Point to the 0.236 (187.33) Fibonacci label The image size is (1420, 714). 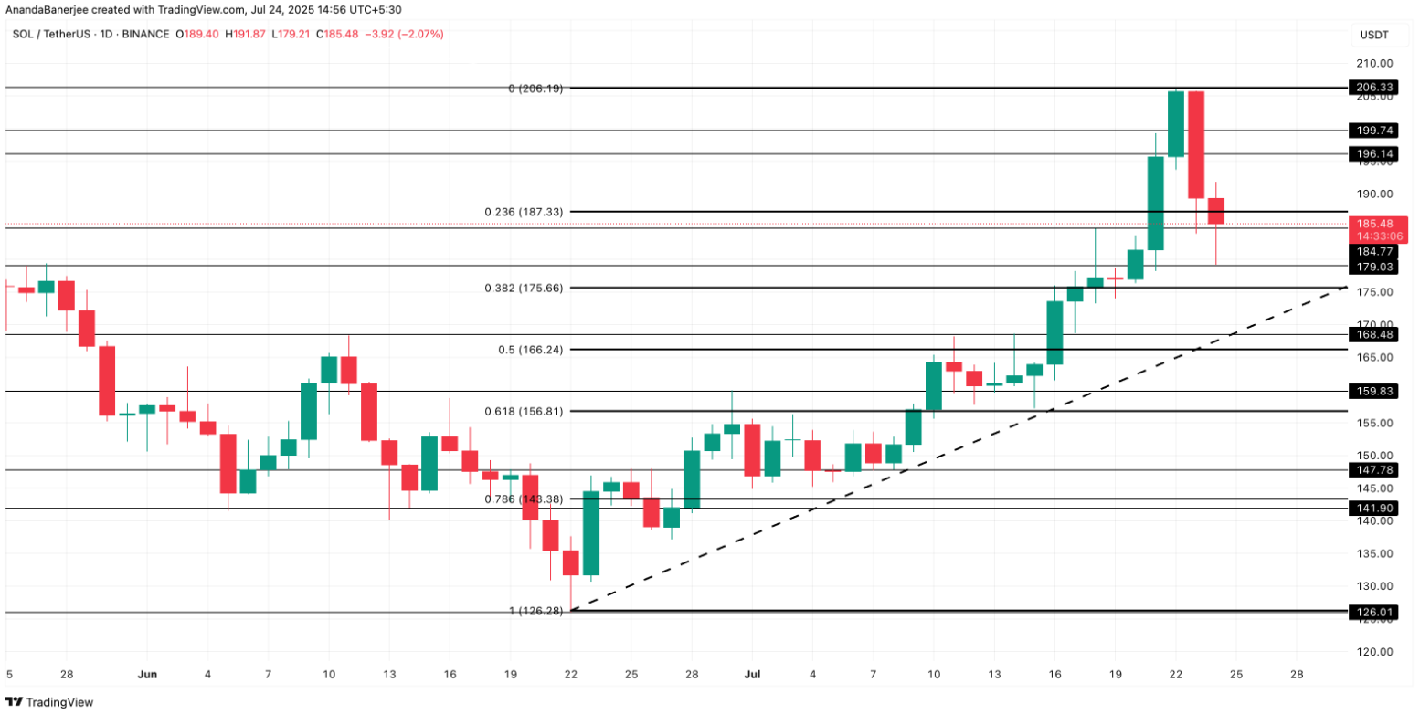(x=536, y=212)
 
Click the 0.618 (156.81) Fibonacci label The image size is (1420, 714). (x=536, y=411)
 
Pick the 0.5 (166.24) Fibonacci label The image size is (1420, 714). (x=543, y=350)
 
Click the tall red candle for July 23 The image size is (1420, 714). (x=1195, y=144)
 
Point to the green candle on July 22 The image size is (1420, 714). (x=1176, y=124)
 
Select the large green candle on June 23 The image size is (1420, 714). (x=591, y=533)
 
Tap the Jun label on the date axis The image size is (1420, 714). (x=147, y=674)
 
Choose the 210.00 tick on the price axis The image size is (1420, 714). (x=1373, y=64)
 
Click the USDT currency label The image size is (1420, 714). (x=1373, y=35)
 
